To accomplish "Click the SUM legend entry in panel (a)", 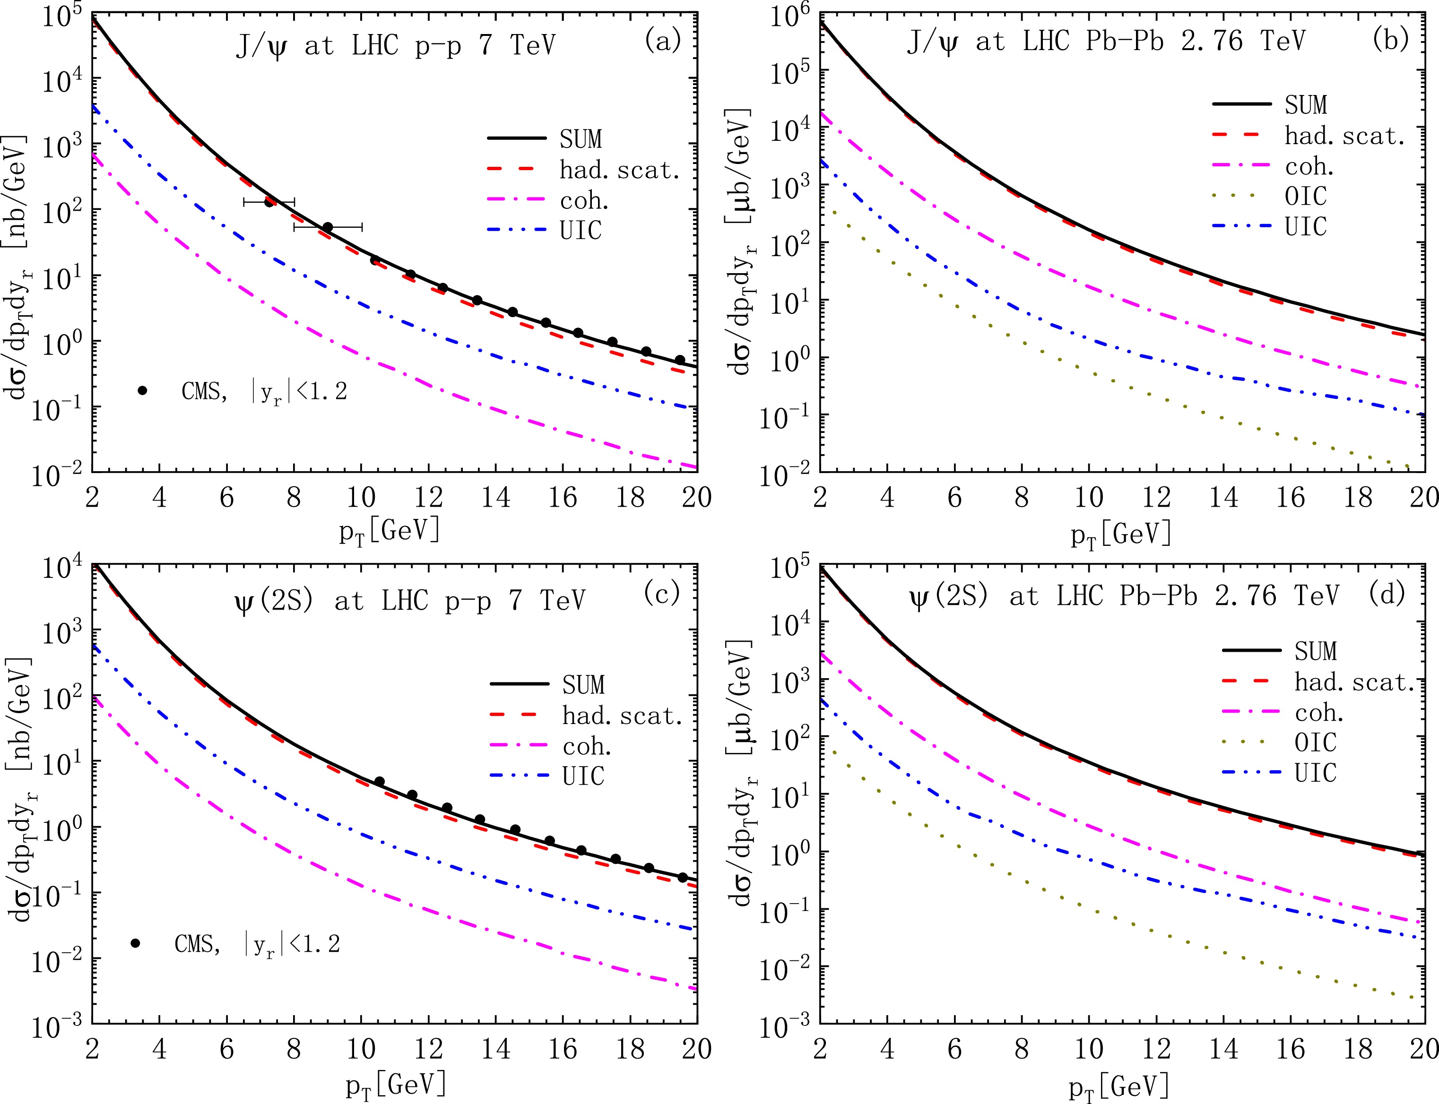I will (x=581, y=138).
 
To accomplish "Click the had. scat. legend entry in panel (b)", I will (x=1344, y=136).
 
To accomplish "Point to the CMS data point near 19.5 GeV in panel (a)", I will (x=680, y=360).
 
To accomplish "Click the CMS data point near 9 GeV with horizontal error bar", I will (x=328, y=227).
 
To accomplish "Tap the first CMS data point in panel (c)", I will (x=379, y=781).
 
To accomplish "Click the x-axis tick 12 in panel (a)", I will (x=429, y=498).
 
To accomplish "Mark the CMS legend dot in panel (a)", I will (x=142, y=390).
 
